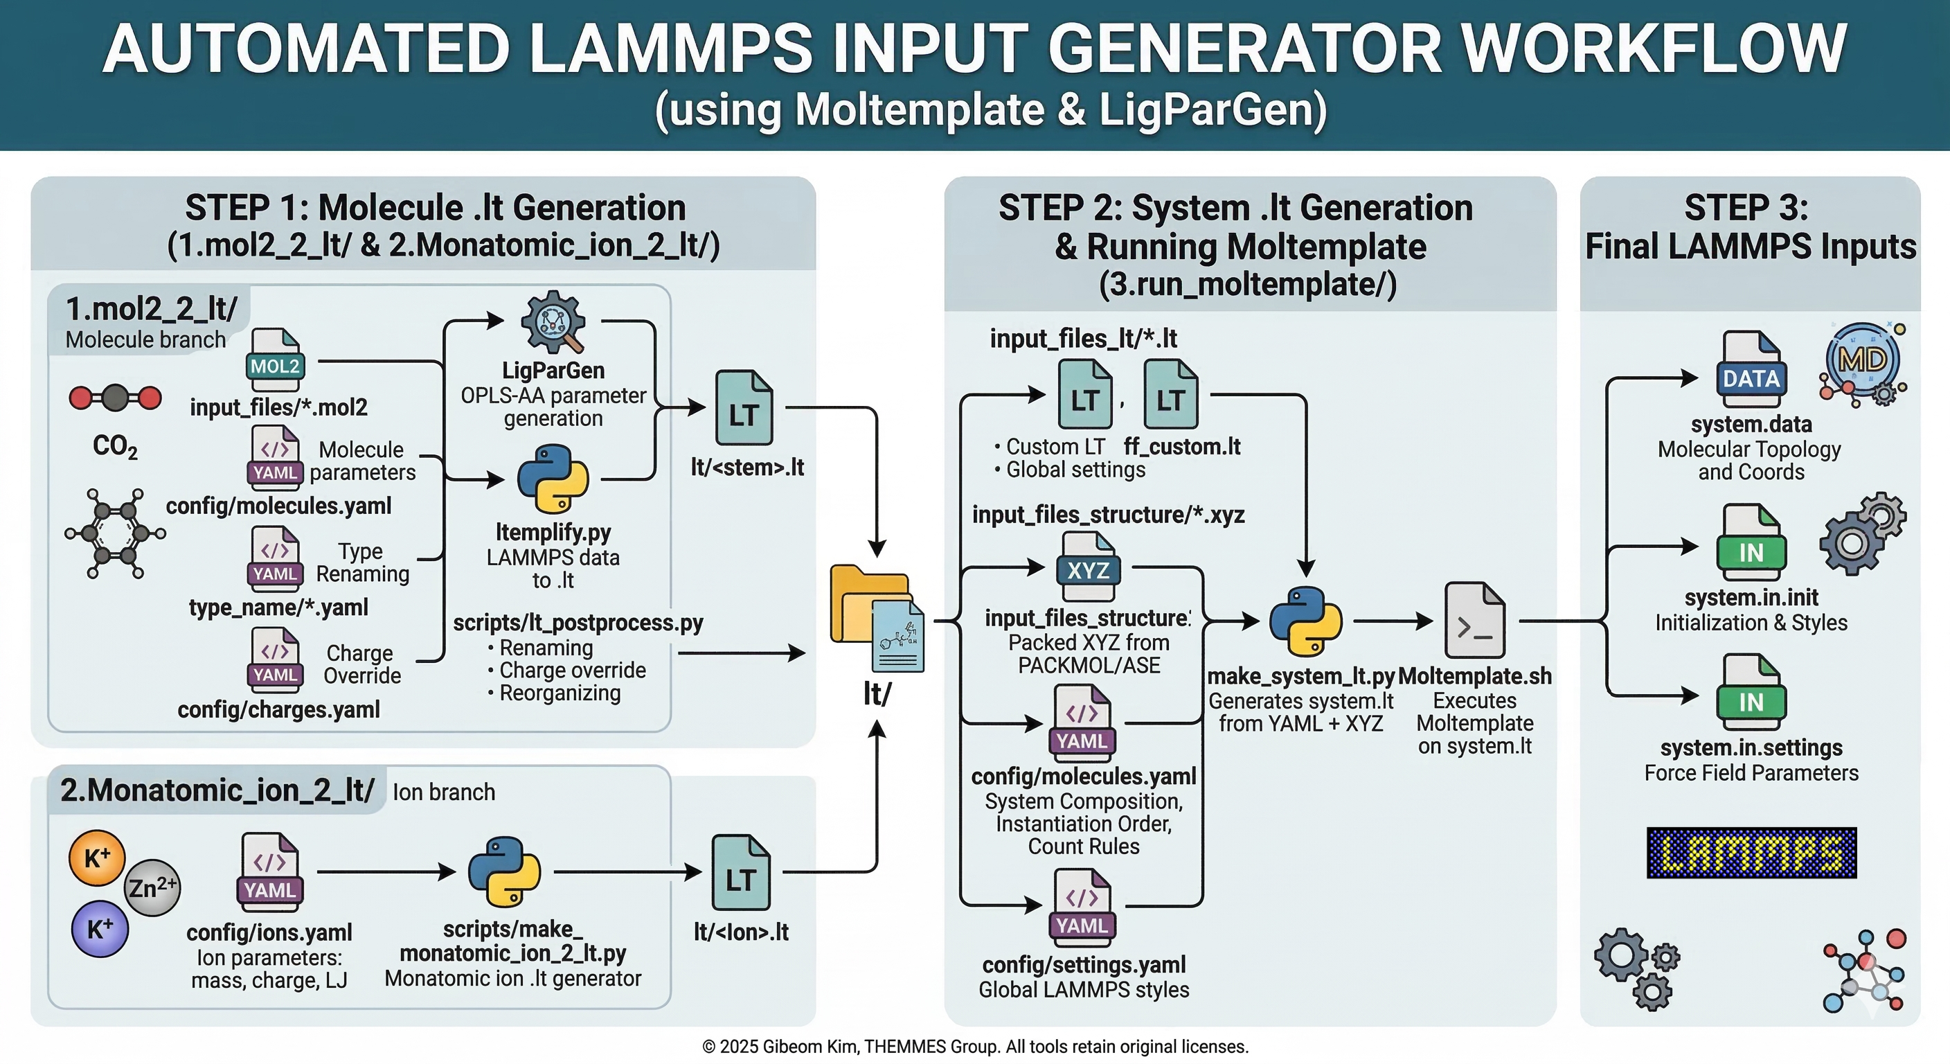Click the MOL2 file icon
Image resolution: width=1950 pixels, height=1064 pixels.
pyautogui.click(x=276, y=355)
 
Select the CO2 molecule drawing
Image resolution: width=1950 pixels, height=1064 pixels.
pyautogui.click(x=115, y=398)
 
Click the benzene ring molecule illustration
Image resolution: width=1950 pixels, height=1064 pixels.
pyautogui.click(x=115, y=534)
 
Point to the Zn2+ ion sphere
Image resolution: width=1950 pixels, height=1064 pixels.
pyautogui.click(x=152, y=887)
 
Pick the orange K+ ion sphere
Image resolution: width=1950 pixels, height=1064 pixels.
pyautogui.click(x=96, y=858)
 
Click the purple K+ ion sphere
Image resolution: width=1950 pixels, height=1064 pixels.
pyautogui.click(x=99, y=928)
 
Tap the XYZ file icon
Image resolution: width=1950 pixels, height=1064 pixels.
pyautogui.click(x=1088, y=568)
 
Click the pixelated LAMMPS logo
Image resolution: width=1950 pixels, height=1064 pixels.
pyautogui.click(x=1751, y=853)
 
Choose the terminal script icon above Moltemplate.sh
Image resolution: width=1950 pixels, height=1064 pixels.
pyautogui.click(x=1474, y=620)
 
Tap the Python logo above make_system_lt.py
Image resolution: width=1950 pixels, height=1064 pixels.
pyautogui.click(x=1305, y=621)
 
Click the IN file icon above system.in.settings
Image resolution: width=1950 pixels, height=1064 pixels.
pyautogui.click(x=1750, y=692)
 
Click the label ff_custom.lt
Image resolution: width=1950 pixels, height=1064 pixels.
pyautogui.click(x=1181, y=447)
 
